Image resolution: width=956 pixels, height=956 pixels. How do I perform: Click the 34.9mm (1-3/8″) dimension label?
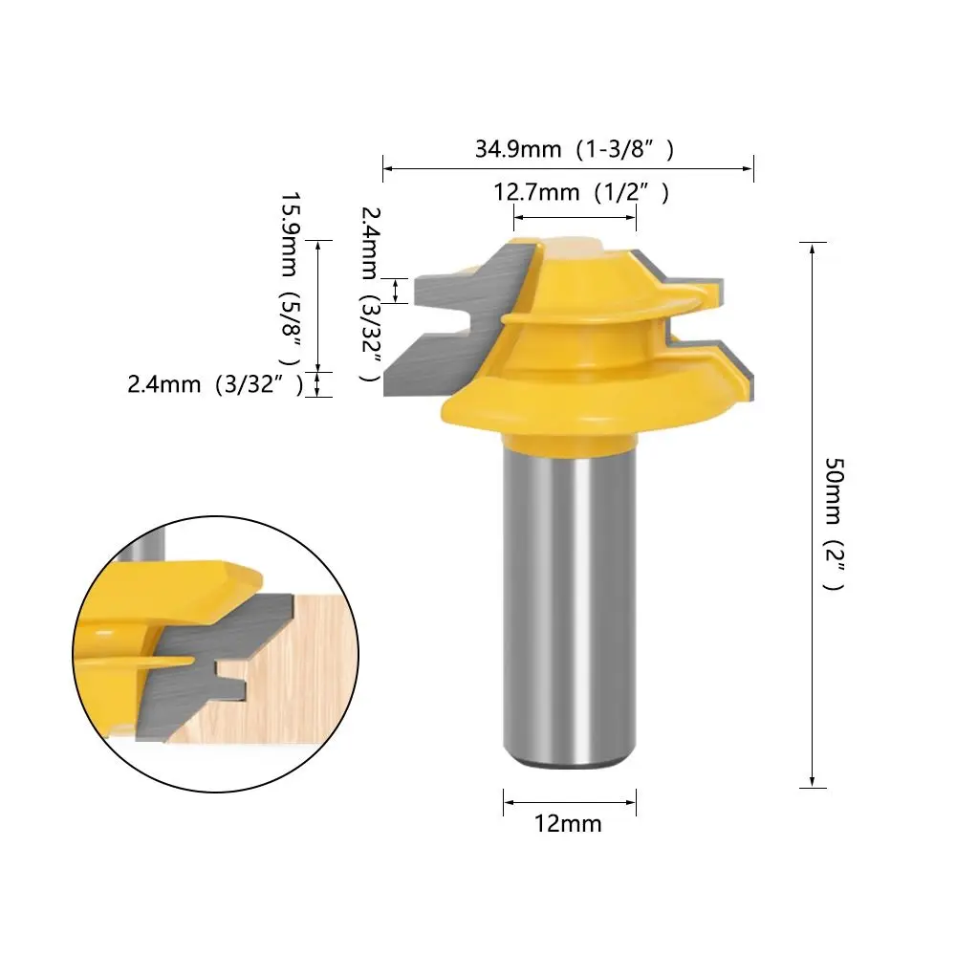(575, 149)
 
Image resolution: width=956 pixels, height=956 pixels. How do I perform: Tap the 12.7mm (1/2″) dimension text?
(581, 193)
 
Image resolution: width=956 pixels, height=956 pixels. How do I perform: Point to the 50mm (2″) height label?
(835, 524)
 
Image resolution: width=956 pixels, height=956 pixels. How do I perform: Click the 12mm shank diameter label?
(568, 824)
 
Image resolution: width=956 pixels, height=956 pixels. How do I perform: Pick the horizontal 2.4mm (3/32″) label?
(215, 384)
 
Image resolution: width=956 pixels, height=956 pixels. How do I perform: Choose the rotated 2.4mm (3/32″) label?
(371, 294)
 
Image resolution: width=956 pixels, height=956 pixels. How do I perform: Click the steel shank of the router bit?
(570, 603)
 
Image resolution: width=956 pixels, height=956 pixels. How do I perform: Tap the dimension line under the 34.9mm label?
(568, 169)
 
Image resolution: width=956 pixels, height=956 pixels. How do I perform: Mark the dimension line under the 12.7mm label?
(575, 217)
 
